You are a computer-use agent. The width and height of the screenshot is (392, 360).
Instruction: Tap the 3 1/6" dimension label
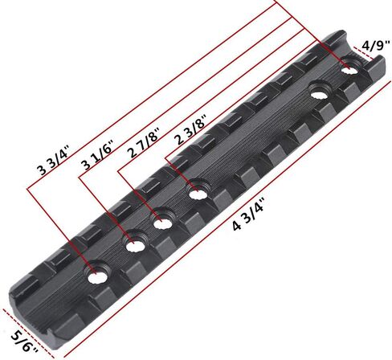pyautogui.click(x=99, y=156)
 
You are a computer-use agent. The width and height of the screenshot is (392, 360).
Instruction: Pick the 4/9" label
pyautogui.click(x=375, y=46)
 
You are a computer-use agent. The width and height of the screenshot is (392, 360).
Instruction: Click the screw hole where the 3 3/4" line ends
pyautogui.click(x=97, y=274)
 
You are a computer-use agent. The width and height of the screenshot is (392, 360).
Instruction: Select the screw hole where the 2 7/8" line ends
pyautogui.click(x=162, y=219)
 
